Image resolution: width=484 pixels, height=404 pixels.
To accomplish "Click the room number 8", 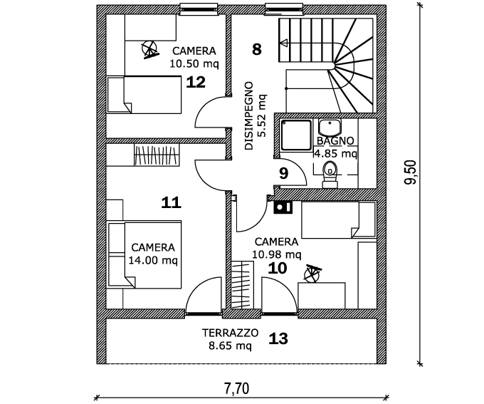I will click(257, 48).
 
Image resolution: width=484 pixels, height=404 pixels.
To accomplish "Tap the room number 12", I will click(196, 82).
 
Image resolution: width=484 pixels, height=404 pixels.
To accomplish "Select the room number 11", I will click(171, 202).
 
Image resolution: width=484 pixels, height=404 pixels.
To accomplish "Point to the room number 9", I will click(283, 172).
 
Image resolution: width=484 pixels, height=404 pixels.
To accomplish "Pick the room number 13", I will click(278, 338).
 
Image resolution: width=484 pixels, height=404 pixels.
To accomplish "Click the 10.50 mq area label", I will click(194, 63).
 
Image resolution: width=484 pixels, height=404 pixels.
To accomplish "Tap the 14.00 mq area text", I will click(152, 260).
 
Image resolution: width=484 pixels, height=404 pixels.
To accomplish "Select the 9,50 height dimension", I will click(410, 174).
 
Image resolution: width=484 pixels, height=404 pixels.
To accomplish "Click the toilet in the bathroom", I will click(329, 172).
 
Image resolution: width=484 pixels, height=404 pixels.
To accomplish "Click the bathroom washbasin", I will click(329, 128).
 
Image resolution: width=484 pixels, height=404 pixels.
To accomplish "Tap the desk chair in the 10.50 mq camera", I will click(149, 48).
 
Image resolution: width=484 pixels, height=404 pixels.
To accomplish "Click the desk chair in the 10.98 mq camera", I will click(312, 273).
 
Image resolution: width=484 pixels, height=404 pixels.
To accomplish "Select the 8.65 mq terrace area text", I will click(230, 346).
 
